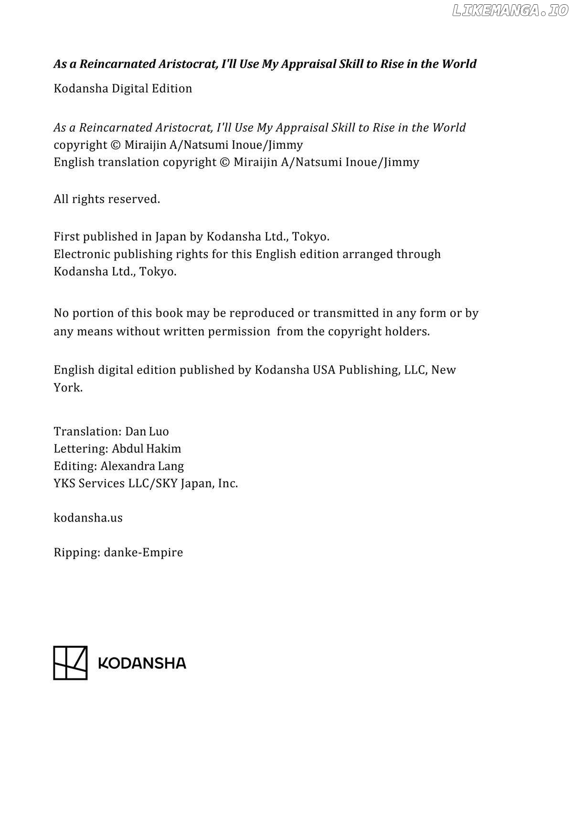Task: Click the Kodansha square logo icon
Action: tap(70, 663)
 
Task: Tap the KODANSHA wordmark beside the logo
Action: tap(142, 663)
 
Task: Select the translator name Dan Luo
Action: tap(147, 431)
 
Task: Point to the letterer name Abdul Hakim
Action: tap(147, 448)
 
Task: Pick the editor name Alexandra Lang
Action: tap(142, 466)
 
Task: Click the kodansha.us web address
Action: tap(88, 518)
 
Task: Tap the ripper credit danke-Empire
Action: tap(143, 552)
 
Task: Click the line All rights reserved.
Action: tap(106, 199)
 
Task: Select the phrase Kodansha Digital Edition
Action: tap(123, 88)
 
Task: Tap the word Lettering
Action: tap(81, 448)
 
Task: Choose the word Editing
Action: tap(75, 466)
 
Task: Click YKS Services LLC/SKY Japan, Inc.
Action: tap(146, 483)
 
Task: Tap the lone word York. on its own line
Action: tap(68, 387)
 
